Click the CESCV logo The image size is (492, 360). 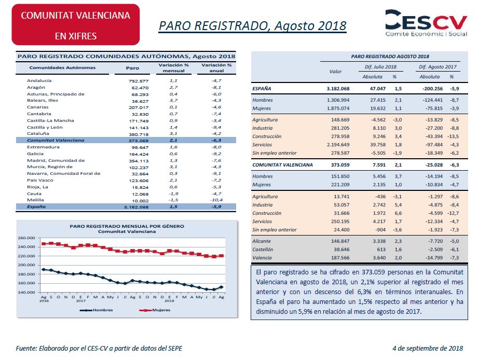click(x=426, y=23)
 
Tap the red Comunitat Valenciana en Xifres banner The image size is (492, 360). click(x=76, y=24)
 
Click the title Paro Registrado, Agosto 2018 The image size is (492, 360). click(x=253, y=26)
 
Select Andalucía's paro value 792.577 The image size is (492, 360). click(x=139, y=81)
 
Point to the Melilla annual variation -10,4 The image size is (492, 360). click(x=216, y=200)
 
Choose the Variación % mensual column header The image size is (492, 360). click(x=173, y=68)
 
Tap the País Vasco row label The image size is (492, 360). click(x=40, y=181)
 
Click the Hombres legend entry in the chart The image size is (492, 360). click(x=97, y=310)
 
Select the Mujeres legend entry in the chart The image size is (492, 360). click(x=155, y=310)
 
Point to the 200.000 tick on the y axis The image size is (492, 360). click(x=26, y=265)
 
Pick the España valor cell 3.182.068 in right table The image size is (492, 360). click(x=338, y=89)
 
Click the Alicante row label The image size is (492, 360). click(x=262, y=241)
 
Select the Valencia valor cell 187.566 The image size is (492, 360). click(x=340, y=258)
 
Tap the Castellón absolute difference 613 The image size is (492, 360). click(x=381, y=250)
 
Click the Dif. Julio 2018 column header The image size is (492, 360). click(x=380, y=67)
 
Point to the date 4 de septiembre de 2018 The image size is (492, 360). click(x=428, y=349)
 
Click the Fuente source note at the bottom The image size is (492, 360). click(x=99, y=349)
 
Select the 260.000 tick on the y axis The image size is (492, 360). click(x=26, y=238)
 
